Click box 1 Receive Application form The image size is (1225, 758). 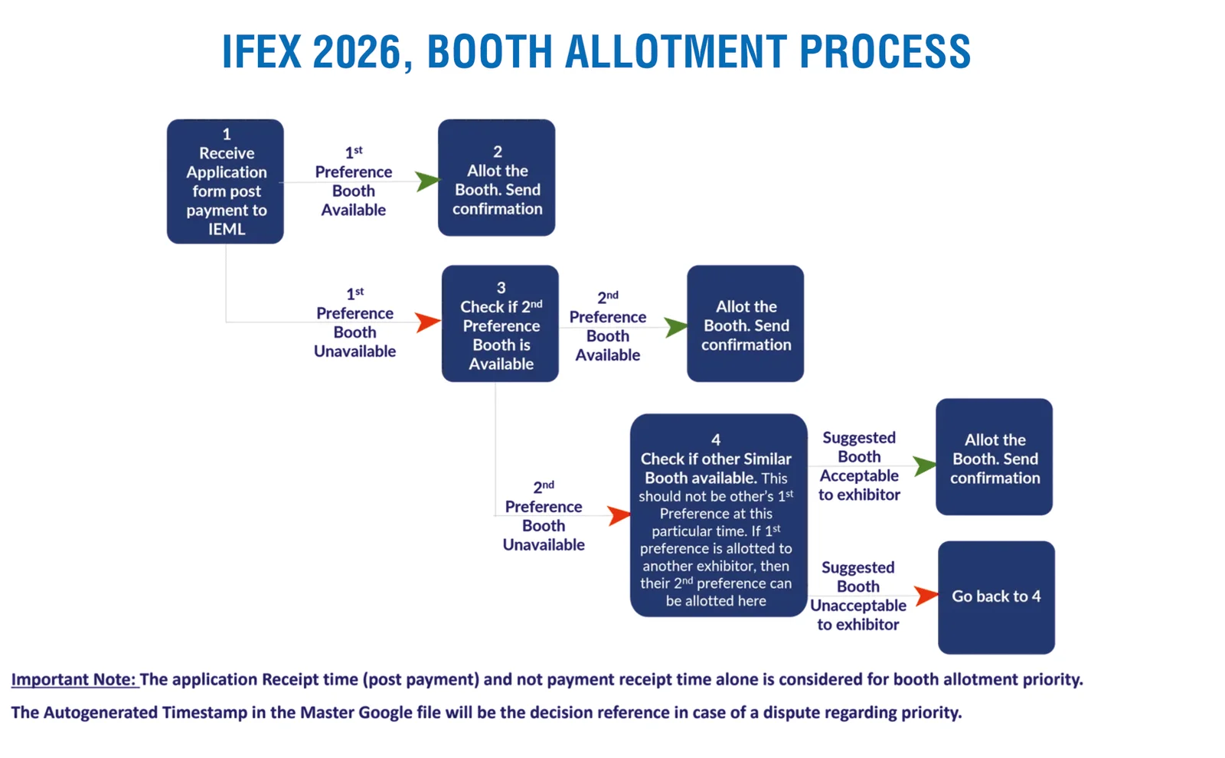225,181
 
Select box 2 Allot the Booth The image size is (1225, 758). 496,178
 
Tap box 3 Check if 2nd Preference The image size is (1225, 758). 500,324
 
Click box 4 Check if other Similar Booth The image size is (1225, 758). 718,515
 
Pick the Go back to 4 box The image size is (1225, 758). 996,597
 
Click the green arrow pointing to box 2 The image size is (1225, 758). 428,182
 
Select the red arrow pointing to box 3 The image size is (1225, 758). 428,322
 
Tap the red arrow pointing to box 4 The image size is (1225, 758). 619,515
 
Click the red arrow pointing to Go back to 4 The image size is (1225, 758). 926,596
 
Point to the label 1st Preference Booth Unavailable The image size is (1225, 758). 354,323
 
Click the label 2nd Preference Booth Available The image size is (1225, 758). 608,327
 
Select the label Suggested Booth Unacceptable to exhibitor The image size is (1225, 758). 858,596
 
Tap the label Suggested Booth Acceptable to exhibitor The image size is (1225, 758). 859,466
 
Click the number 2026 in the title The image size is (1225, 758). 357,52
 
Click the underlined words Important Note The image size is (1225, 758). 73,680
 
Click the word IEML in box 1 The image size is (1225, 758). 227,230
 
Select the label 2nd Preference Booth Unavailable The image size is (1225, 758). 544,516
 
